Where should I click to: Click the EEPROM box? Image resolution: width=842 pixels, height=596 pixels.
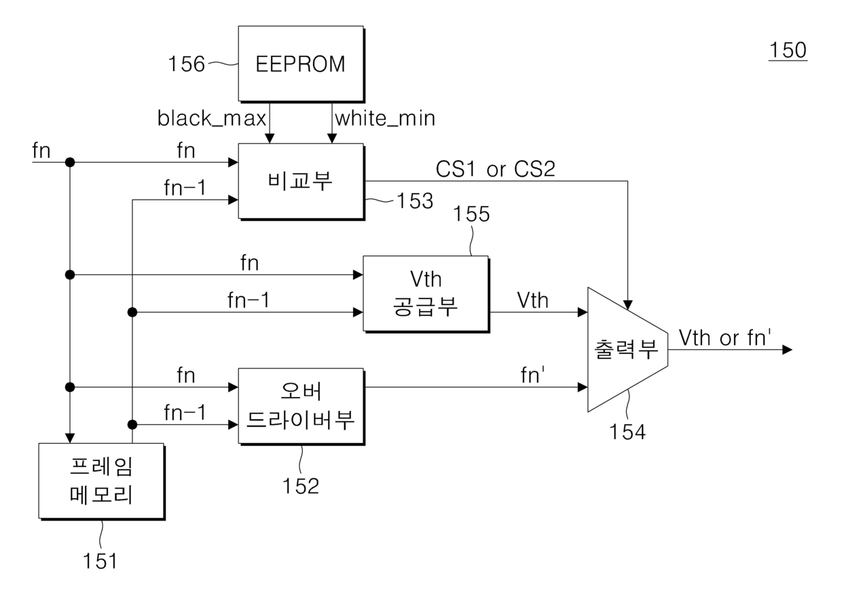click(301, 64)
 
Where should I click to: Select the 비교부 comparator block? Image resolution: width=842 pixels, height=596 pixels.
click(301, 181)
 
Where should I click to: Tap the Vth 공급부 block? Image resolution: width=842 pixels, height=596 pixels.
click(426, 294)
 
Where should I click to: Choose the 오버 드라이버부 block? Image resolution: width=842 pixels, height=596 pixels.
click(301, 406)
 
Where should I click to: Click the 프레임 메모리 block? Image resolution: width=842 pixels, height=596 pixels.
click(101, 481)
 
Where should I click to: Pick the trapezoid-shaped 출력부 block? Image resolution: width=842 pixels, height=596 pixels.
click(627, 349)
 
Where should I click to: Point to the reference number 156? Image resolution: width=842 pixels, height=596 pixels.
click(187, 64)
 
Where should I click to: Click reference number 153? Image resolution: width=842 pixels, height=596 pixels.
click(415, 200)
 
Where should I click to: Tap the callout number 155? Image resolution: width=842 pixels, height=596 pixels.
click(471, 213)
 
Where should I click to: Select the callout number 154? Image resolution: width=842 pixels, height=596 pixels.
click(627, 432)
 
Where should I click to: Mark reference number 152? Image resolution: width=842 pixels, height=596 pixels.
click(301, 486)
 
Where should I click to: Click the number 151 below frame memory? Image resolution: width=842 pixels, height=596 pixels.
click(100, 561)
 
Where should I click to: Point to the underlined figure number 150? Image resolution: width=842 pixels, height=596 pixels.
click(788, 50)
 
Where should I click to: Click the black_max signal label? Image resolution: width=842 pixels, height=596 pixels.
click(212, 118)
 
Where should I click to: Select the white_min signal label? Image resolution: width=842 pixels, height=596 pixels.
click(385, 118)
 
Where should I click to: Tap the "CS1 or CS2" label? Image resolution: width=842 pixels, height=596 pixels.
click(496, 169)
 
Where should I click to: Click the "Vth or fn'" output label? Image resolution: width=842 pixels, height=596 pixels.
click(725, 337)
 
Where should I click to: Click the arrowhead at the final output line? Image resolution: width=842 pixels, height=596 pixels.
click(787, 350)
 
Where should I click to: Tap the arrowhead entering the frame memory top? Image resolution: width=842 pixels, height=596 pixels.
click(70, 438)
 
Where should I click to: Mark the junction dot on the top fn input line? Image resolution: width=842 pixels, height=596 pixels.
click(70, 162)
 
